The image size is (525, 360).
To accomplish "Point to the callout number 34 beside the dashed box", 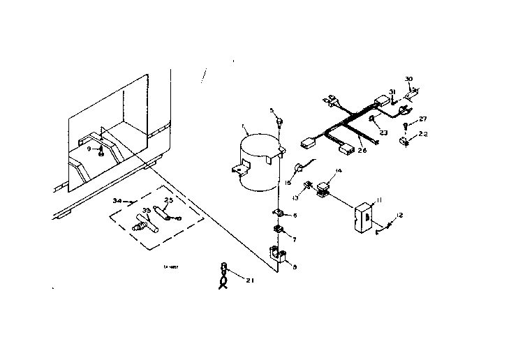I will point(117,200).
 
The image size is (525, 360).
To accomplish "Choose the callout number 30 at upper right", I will point(409,79).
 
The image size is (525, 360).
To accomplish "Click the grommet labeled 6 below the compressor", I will point(276,214).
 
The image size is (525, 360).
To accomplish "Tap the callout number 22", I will point(424,133).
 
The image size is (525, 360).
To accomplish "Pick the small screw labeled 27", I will point(406,126).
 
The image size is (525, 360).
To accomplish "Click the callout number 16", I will point(288,182).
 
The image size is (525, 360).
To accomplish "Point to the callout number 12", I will point(400,214).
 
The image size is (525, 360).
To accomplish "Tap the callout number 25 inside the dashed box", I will point(168,201).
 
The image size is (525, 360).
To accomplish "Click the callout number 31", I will point(392,92).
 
